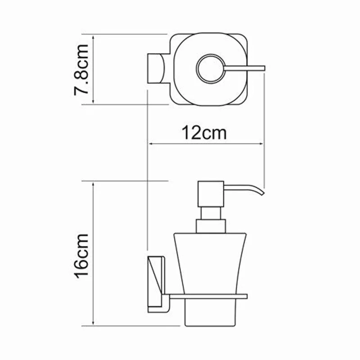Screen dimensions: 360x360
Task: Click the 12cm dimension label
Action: (204, 133)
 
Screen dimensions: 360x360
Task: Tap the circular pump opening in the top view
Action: (211, 69)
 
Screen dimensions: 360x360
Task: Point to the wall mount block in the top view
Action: (156, 69)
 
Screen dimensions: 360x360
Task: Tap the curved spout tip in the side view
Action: (261, 192)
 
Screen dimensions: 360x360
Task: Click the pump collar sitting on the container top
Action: (210, 226)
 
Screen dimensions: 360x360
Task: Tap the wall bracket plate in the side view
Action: (155, 283)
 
